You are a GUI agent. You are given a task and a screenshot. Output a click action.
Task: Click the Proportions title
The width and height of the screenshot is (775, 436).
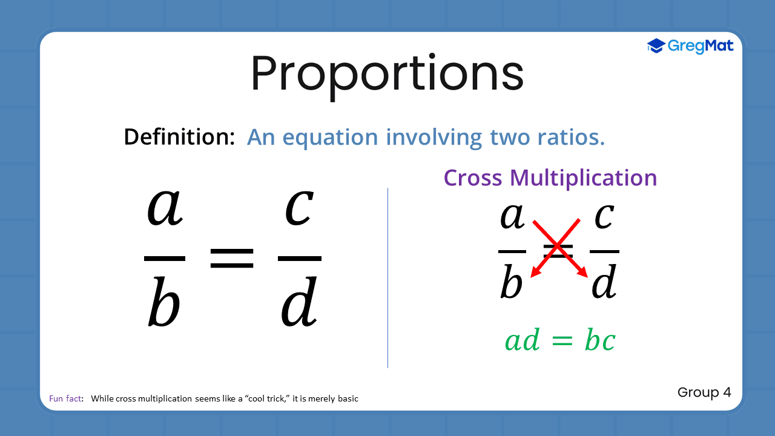point(387,74)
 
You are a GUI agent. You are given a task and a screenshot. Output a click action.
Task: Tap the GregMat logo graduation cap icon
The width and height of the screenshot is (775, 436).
point(656,46)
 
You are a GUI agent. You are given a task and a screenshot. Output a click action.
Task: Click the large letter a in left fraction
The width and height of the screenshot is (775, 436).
point(165,208)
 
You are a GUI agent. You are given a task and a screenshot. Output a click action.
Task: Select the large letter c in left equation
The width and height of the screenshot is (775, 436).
point(299,208)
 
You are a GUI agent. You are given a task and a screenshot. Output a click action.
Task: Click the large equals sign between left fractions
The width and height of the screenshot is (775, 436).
point(232,258)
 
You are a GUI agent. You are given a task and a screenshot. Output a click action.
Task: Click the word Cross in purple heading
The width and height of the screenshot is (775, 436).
point(473,178)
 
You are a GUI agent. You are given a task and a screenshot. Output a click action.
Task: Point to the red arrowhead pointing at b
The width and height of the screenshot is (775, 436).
point(535,274)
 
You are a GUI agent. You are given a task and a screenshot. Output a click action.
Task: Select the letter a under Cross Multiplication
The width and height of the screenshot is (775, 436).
point(512,217)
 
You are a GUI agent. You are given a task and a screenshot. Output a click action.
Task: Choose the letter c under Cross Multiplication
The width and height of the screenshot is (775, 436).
point(604,217)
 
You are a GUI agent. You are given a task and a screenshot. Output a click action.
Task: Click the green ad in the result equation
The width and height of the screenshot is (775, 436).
point(522,341)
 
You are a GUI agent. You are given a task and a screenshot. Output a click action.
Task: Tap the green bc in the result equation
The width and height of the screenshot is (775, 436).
point(599,341)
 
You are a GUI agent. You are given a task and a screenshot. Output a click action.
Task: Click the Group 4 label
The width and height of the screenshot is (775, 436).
point(704,392)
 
